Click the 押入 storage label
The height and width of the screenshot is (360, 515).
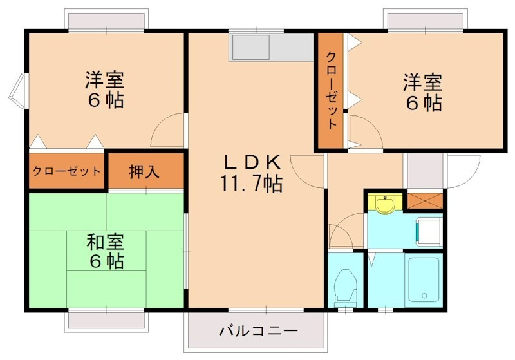145,171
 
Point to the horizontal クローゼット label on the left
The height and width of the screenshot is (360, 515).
66,171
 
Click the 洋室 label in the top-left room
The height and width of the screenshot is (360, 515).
104,81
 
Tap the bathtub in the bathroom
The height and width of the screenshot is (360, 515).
424,281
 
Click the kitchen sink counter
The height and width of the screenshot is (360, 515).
270,47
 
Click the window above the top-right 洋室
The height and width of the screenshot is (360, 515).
424,22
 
